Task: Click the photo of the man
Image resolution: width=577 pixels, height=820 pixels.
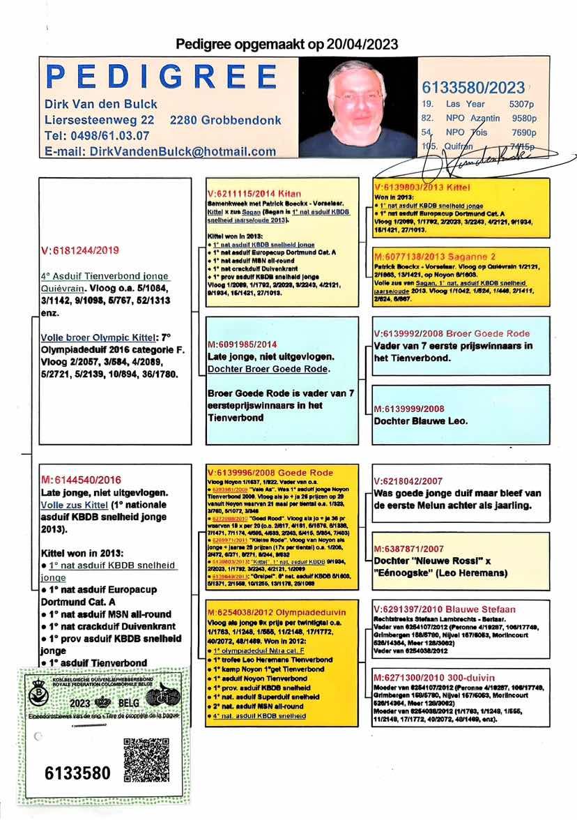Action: pos(358,107)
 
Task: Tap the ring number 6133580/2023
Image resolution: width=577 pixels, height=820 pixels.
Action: pos(473,87)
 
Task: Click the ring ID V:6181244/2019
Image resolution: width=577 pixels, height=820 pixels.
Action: pos(81,250)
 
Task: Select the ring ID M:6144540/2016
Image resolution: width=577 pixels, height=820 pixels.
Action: pos(82,480)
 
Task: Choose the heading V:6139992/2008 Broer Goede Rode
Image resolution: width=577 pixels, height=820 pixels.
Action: pos(452,333)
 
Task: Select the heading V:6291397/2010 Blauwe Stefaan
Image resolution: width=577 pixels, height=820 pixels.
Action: pos(445,609)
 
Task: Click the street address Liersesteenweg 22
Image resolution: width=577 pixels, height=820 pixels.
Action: pos(100,120)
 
